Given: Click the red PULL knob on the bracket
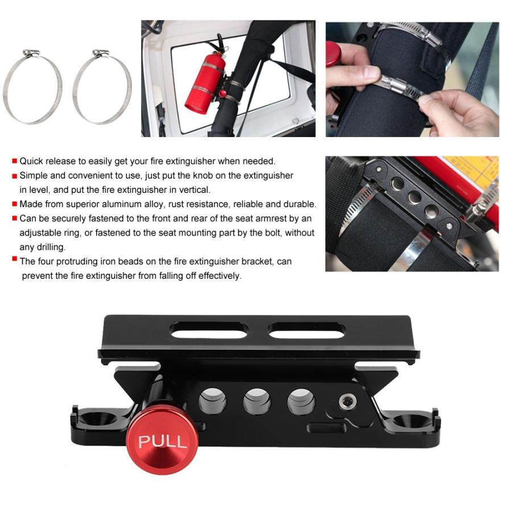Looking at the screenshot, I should point(154,442).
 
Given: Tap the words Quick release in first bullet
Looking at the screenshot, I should point(44,161).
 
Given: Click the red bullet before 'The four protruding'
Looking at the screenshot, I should point(14,261).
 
